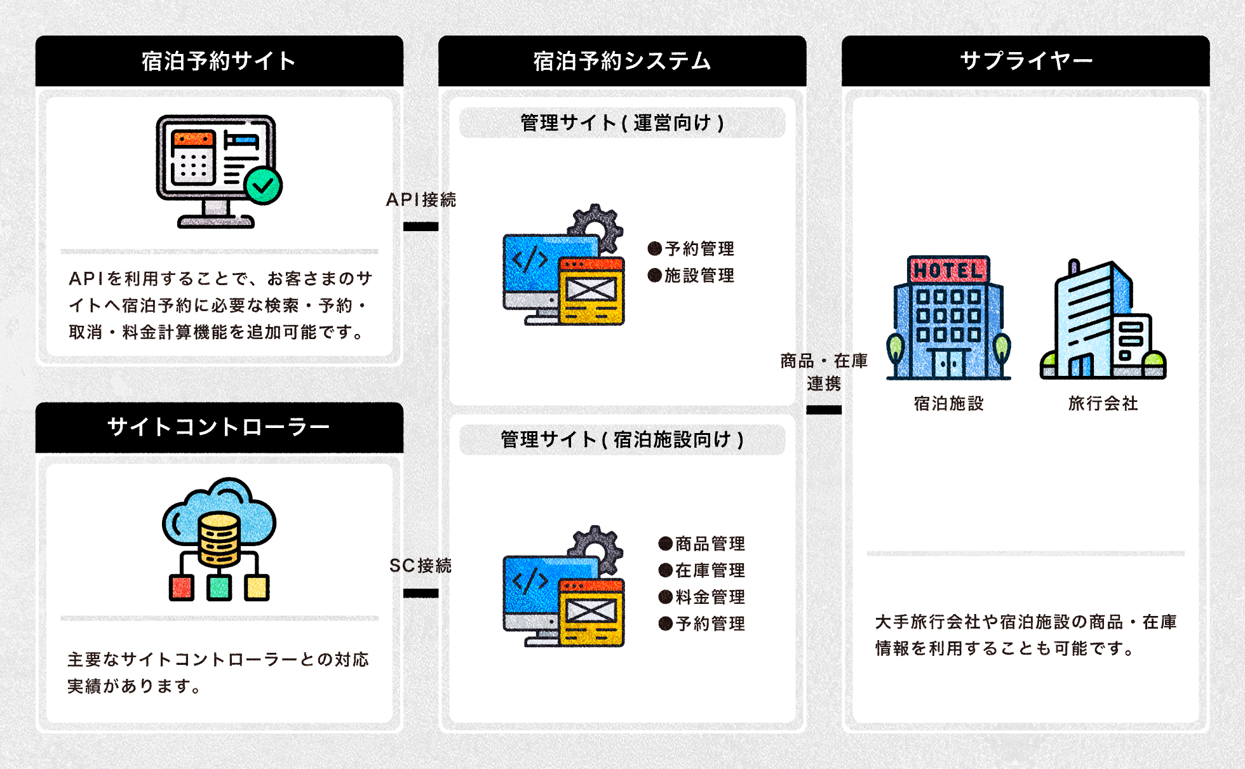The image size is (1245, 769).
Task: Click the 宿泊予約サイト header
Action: pyautogui.click(x=219, y=61)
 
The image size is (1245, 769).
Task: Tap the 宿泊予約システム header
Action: pyautogui.click(x=622, y=61)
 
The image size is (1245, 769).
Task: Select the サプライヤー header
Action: pyautogui.click(x=1025, y=61)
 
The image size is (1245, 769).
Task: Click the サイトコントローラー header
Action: pyautogui.click(x=219, y=427)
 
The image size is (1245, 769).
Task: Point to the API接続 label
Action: pyautogui.click(x=421, y=200)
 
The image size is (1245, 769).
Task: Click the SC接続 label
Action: pyautogui.click(x=421, y=565)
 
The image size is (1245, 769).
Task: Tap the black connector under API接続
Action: pyautogui.click(x=421, y=227)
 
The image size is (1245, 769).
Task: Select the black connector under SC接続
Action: pyautogui.click(x=421, y=593)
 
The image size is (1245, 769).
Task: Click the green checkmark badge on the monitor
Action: pyautogui.click(x=263, y=185)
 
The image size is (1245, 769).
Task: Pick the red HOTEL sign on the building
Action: pyautogui.click(x=948, y=271)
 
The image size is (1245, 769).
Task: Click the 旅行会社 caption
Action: pyautogui.click(x=1103, y=403)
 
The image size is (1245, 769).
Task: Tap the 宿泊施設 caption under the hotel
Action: pyautogui.click(x=948, y=403)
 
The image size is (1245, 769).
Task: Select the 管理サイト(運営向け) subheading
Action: pyautogui.click(x=622, y=123)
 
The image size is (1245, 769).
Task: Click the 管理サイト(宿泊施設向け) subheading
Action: pyautogui.click(x=622, y=439)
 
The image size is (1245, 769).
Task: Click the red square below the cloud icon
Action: pyautogui.click(x=182, y=587)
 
